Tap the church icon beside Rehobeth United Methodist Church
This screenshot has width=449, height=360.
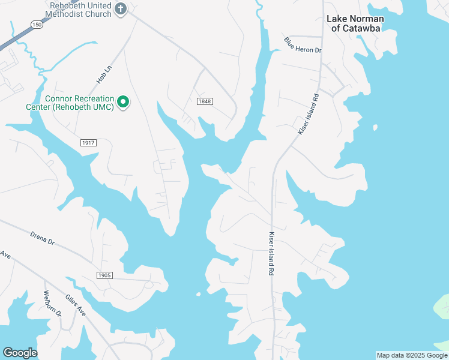(121, 8)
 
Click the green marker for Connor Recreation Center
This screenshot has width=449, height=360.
(123, 103)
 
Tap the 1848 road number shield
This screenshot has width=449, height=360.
(205, 101)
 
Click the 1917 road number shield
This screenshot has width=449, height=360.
(88, 143)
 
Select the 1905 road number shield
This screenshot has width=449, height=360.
(104, 275)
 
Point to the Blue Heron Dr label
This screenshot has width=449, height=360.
(303, 44)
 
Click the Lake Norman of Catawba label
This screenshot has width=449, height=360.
(355, 23)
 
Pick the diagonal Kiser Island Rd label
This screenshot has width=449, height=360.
(308, 114)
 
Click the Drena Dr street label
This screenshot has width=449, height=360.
(43, 237)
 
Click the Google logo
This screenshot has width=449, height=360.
(20, 353)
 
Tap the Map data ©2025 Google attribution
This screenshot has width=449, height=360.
(412, 355)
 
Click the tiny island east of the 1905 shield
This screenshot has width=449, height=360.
(198, 294)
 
